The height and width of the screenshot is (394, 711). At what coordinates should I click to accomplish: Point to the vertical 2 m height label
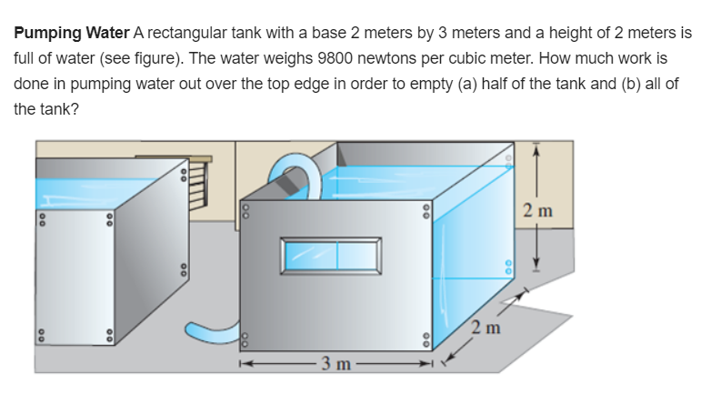point(538,212)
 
